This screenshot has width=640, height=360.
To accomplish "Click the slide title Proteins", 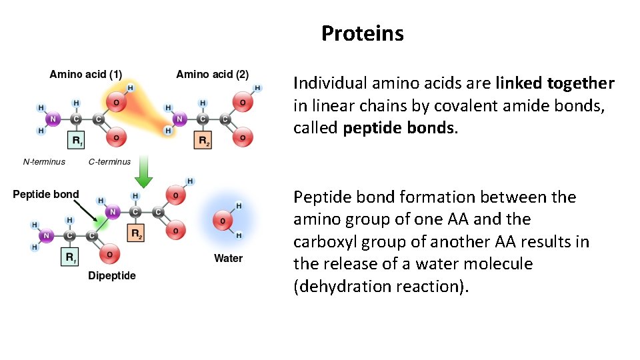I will coord(362,33).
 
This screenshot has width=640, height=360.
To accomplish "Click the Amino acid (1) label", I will coord(85,74).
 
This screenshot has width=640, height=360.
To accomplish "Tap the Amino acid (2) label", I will coord(212,74).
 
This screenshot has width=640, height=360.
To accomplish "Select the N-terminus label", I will coord(44,161).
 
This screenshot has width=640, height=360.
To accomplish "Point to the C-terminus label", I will coord(109,161).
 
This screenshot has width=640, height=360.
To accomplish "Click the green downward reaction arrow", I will coord(143,173).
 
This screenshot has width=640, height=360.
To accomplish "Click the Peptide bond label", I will coord(46,195).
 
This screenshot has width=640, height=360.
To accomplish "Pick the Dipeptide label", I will coord(112,276).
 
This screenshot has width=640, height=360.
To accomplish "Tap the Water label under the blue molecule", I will coord(228,258).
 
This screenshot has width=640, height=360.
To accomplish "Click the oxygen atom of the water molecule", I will coord(223,220).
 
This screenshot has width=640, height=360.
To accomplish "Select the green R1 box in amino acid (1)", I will coord(77,141).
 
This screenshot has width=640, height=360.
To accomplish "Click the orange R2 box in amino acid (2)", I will coord(203,141).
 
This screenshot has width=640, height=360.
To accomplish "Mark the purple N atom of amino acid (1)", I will coord(53,119).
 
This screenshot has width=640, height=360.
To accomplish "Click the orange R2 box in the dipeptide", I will coord(136,233).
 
